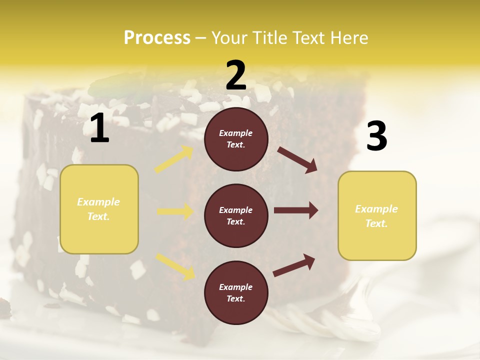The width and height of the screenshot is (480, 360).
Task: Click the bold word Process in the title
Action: click(x=157, y=37)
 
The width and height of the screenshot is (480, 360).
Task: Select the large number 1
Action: click(x=99, y=129)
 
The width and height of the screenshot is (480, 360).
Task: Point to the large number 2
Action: click(x=236, y=75)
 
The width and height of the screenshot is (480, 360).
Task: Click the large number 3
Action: click(x=376, y=136)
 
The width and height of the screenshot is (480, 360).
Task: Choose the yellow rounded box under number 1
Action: click(x=99, y=209)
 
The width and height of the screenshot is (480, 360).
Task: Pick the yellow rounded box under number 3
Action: click(x=377, y=215)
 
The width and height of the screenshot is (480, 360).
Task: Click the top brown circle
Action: click(x=236, y=139)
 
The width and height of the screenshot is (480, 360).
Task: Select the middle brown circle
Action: click(x=236, y=215)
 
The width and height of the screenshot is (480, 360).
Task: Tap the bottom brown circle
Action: click(x=236, y=292)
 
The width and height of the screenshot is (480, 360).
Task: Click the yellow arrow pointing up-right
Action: click(x=174, y=159)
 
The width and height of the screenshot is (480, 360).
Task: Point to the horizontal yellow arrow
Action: click(x=175, y=211)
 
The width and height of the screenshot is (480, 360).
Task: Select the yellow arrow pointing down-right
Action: click(x=175, y=265)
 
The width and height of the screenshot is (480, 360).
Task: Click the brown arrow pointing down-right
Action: click(x=297, y=159)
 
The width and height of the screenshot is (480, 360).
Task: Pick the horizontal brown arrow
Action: click(x=296, y=210)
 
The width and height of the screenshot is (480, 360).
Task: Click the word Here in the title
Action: click(x=349, y=37)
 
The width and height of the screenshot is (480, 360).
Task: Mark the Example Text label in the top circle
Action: click(x=236, y=139)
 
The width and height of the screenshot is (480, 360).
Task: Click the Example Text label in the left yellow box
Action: click(x=98, y=209)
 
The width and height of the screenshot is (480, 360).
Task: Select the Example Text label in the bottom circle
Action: click(x=236, y=292)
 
